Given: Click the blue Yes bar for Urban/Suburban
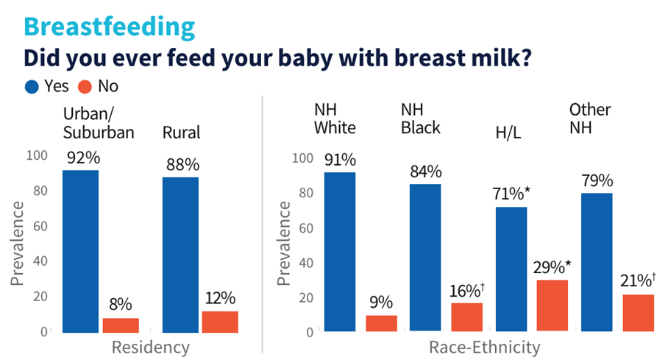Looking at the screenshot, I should pyautogui.click(x=80, y=251).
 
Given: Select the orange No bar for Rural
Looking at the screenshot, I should pyautogui.click(x=221, y=322).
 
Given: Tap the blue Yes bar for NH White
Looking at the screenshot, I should pyautogui.click(x=340, y=252).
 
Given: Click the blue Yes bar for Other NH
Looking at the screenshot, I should pyautogui.click(x=597, y=262).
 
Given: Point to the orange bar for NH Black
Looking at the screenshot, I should pyautogui.click(x=466, y=317).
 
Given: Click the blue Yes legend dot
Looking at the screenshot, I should pyautogui.click(x=31, y=86).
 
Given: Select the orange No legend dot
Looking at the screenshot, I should pyautogui.click(x=85, y=86).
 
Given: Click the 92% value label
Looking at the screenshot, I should pyautogui.click(x=80, y=158).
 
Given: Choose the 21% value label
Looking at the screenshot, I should pyautogui.click(x=637, y=281).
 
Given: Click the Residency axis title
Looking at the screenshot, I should pyautogui.click(x=150, y=347).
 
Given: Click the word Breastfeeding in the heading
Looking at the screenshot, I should pyautogui.click(x=110, y=27).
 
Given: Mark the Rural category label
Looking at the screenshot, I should pyautogui.click(x=181, y=133).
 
